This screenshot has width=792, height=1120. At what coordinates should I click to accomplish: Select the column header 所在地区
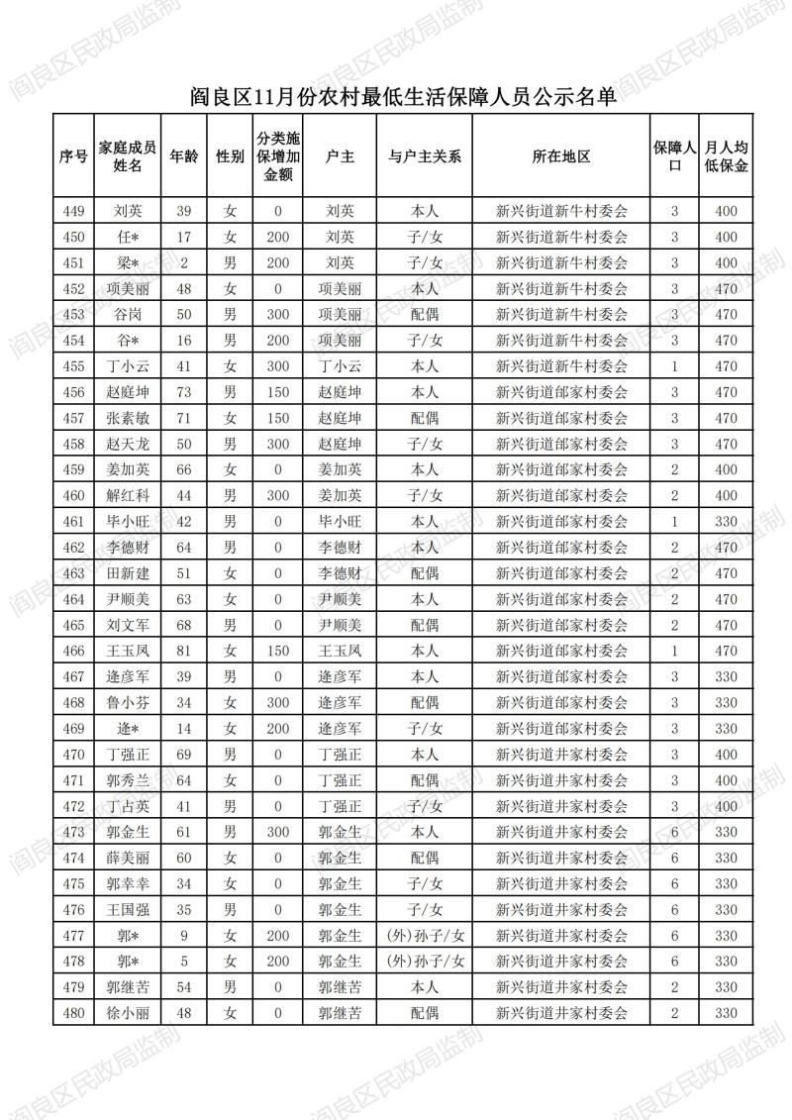point(560,156)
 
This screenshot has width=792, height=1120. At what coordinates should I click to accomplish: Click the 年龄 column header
point(184,156)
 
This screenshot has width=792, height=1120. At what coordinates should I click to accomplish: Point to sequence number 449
point(73,211)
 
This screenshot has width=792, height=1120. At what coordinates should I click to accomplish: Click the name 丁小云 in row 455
point(128,366)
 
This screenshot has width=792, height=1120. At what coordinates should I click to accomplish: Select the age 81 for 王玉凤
point(183,651)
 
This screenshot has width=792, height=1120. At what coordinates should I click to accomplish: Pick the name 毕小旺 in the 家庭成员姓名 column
point(128,521)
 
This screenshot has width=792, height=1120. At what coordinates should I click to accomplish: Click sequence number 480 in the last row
point(73,1013)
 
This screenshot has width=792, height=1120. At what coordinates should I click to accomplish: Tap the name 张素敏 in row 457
point(128,418)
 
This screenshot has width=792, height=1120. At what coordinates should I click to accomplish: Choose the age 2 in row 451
point(183,262)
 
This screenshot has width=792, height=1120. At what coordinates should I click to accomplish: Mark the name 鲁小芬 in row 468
point(128,702)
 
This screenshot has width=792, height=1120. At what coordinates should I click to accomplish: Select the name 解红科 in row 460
point(128,495)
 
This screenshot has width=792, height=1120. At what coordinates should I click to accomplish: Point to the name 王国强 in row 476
point(128,909)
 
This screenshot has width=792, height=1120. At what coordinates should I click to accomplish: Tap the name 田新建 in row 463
point(128,573)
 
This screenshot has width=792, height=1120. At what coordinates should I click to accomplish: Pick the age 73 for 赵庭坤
point(183,392)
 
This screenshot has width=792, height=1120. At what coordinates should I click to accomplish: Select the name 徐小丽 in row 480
point(128,1013)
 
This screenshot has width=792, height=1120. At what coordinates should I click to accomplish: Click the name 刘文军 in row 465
point(128,625)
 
